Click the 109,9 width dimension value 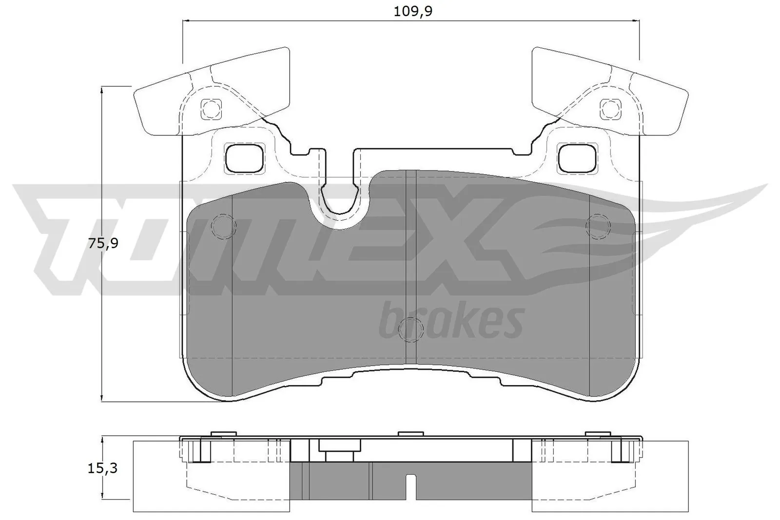(413, 11)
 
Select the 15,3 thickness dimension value (103, 468)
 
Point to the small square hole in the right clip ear (610, 108)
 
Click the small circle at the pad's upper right (599, 225)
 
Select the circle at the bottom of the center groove (410, 329)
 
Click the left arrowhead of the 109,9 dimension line (185, 21)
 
